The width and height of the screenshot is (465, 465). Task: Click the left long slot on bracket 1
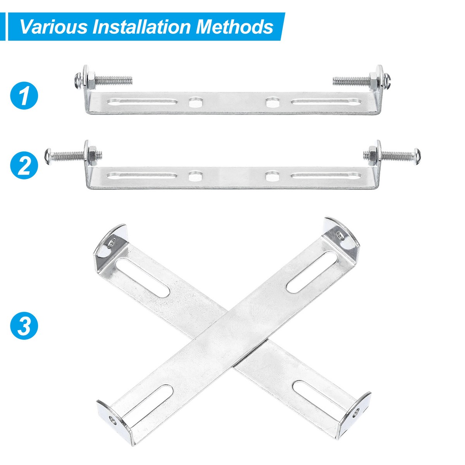(142, 103)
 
